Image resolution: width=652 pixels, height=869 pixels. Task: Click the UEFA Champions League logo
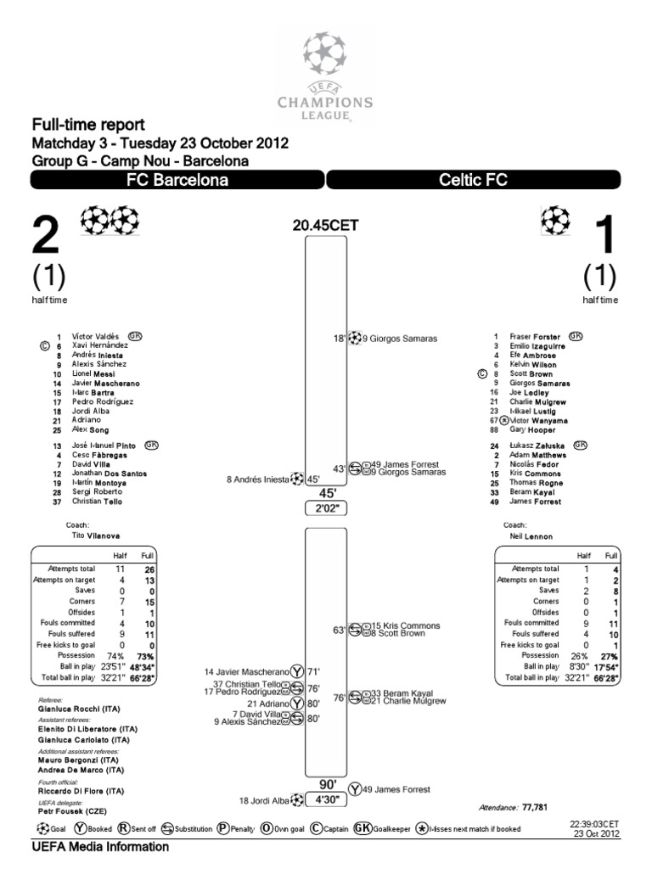point(325,77)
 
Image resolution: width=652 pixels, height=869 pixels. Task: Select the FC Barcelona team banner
point(177,180)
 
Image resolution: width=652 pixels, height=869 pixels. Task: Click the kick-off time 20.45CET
point(325,225)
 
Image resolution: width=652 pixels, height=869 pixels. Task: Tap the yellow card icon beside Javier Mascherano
point(297,670)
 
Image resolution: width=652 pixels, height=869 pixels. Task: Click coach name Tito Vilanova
point(94,536)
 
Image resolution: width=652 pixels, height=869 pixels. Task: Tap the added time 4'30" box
point(325,799)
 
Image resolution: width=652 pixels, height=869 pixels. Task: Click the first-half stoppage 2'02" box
point(325,508)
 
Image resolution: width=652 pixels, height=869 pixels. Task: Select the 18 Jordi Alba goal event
point(272,799)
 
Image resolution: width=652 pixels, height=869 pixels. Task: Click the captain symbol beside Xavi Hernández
point(45,346)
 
